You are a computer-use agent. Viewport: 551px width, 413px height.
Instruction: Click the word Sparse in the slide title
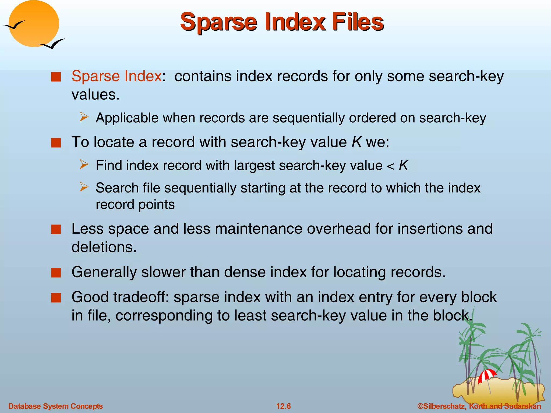coord(218,22)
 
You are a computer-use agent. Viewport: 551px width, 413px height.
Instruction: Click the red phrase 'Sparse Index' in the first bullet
coord(116,76)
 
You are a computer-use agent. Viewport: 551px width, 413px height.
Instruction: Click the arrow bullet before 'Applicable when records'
coord(84,117)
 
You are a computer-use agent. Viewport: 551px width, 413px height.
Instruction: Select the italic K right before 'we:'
coord(356,142)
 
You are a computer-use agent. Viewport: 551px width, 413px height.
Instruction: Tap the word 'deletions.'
coord(104,247)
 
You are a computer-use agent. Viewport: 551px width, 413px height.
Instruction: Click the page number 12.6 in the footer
coord(283,406)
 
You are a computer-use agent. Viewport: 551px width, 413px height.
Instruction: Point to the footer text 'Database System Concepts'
coord(55,406)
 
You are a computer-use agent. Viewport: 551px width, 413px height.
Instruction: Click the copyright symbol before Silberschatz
coord(420,406)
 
